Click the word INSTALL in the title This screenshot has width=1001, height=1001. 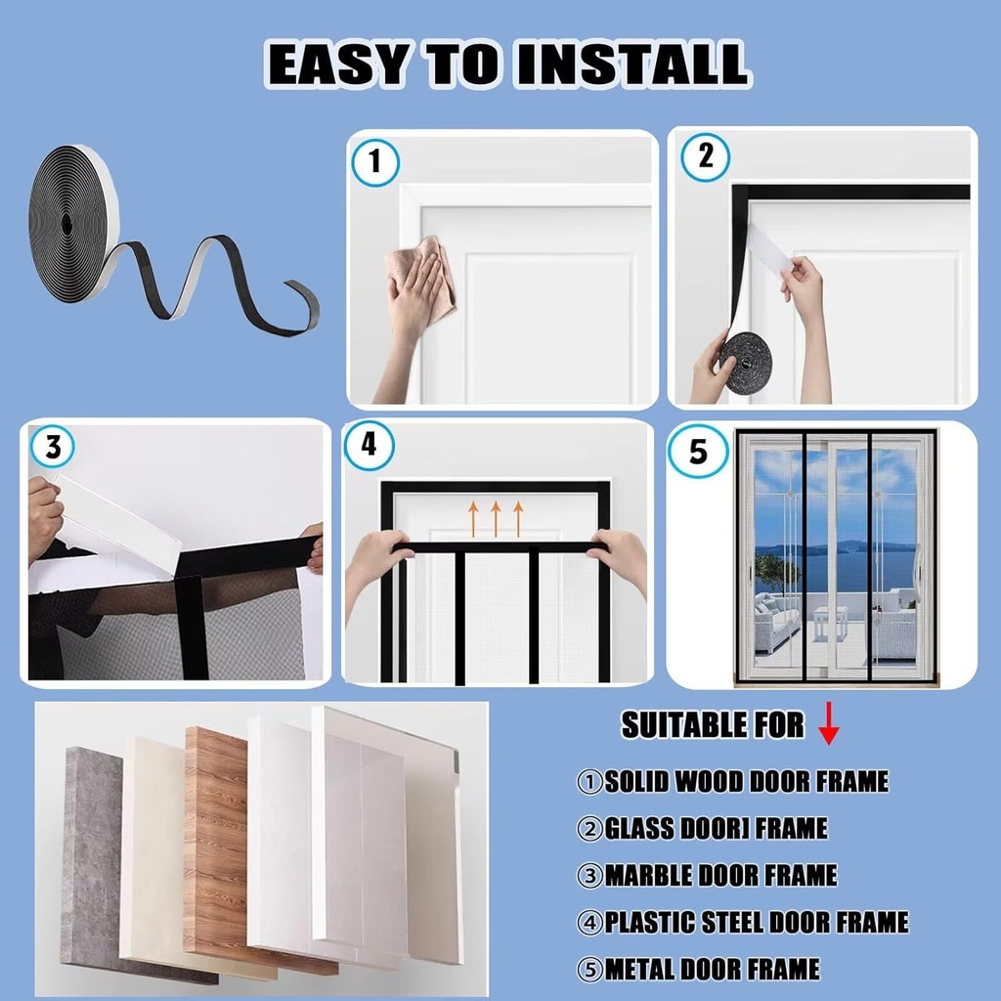(633, 65)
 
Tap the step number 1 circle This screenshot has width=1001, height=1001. (374, 161)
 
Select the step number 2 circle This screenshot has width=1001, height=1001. (705, 156)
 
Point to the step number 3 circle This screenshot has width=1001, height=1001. (53, 448)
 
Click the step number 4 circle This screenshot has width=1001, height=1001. (369, 445)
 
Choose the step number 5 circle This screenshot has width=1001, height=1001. (698, 452)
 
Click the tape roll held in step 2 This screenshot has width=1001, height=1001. (746, 362)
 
